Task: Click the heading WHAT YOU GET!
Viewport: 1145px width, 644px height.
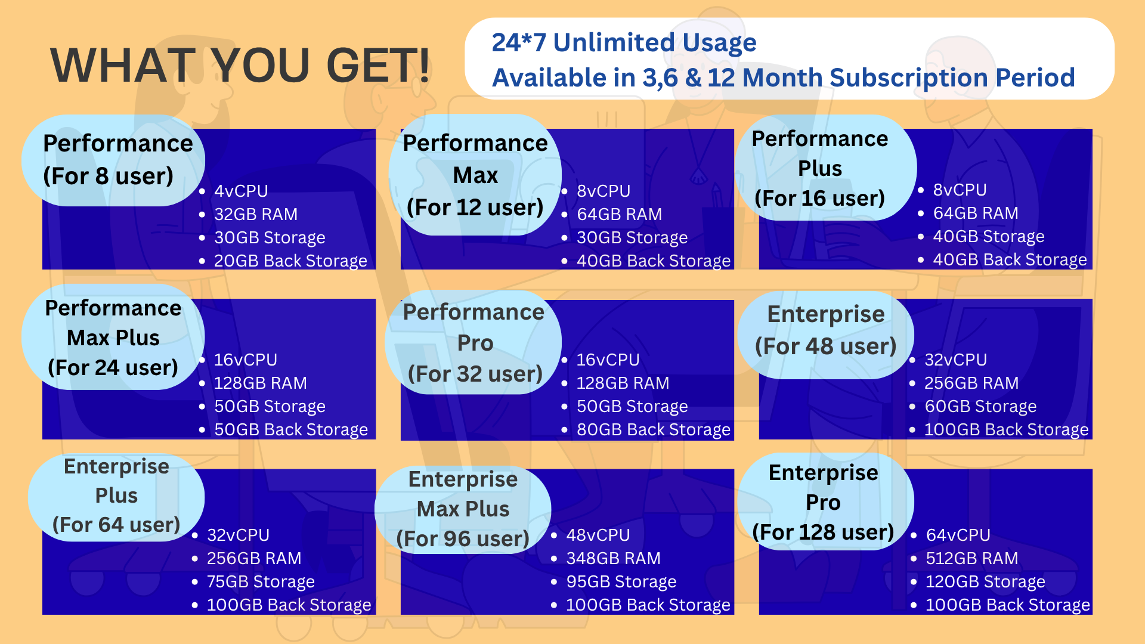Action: tap(240, 65)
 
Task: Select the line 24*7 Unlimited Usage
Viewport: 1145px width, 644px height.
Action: tap(624, 42)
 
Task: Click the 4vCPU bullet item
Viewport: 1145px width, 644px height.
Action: tap(241, 191)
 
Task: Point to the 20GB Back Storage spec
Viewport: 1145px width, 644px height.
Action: tap(290, 261)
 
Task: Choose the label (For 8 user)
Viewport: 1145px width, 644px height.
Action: tap(109, 177)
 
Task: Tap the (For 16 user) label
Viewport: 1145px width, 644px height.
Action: tap(820, 199)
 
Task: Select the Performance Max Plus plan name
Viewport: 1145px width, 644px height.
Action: tap(113, 323)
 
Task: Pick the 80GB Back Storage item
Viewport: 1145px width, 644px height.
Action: tap(654, 430)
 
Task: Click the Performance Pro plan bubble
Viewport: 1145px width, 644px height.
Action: tap(474, 342)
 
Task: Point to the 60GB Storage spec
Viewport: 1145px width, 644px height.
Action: tap(980, 407)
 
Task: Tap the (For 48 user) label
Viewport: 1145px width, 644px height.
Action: tap(826, 346)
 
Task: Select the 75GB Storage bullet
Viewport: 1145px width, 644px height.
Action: tap(261, 582)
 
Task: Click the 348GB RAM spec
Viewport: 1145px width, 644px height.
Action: tap(613, 559)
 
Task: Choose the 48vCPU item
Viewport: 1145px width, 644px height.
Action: tap(598, 535)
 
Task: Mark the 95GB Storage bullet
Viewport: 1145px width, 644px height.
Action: tap(621, 582)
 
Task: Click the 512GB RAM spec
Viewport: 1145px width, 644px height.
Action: tap(972, 559)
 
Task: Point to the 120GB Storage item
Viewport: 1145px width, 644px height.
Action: tap(985, 582)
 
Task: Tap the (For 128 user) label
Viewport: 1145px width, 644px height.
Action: tap(823, 532)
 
